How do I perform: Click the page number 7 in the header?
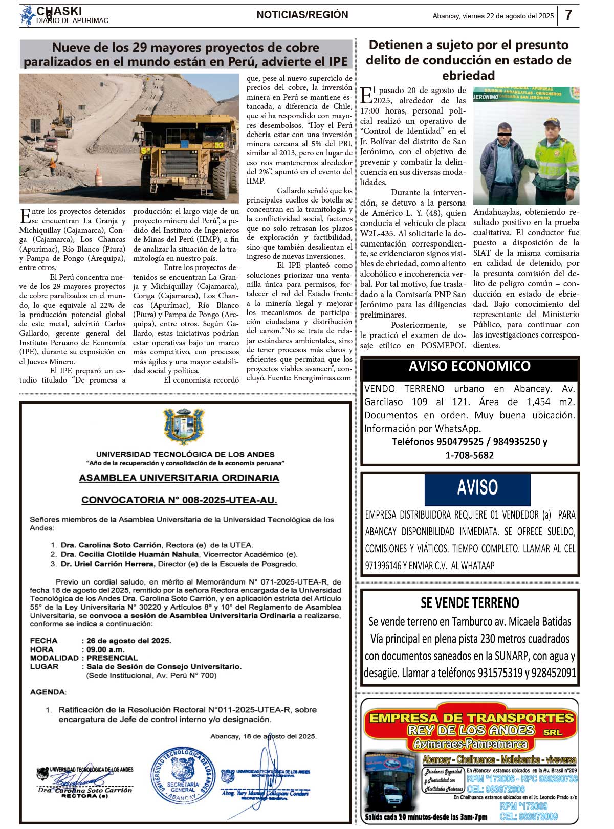[x=568, y=15]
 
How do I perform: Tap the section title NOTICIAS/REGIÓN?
[x=302, y=15]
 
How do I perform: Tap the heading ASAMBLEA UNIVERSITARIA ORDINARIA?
[x=179, y=478]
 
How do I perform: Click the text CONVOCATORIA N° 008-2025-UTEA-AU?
[x=179, y=500]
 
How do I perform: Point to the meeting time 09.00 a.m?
[x=105, y=649]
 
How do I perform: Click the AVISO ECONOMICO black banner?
[x=470, y=367]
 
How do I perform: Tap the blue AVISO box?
[x=477, y=489]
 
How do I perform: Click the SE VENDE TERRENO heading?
[x=470, y=603]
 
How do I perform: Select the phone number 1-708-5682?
[x=470, y=455]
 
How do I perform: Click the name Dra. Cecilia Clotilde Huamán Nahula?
[x=129, y=554]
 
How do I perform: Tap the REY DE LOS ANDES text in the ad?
[x=471, y=730]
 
